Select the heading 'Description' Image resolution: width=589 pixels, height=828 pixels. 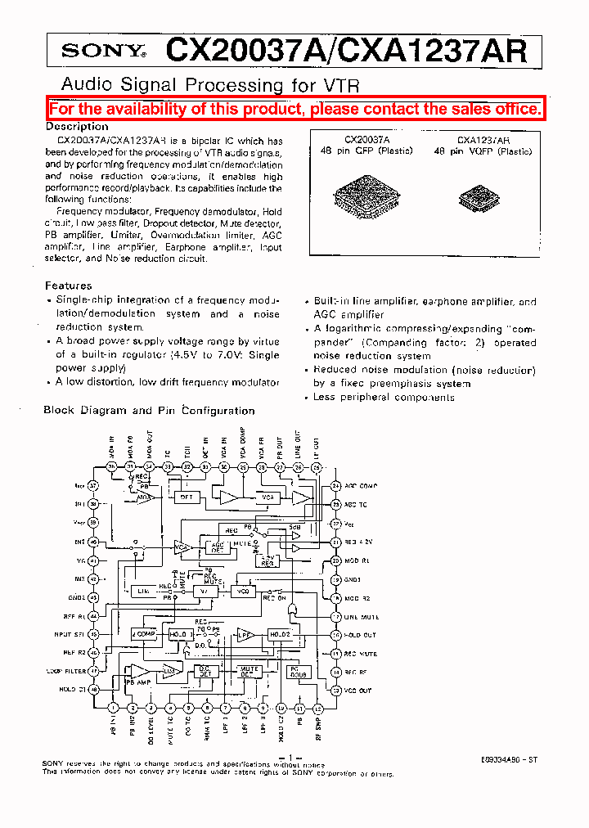click(x=76, y=127)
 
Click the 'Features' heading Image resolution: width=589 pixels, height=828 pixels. click(x=68, y=286)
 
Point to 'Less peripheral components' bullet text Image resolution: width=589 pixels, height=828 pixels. click(x=384, y=397)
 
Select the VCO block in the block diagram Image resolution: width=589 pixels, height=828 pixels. click(x=242, y=590)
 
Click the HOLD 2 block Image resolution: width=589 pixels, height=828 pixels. click(x=280, y=634)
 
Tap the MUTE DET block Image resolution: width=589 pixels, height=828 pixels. click(x=249, y=672)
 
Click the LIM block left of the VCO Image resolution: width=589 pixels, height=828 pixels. click(x=143, y=591)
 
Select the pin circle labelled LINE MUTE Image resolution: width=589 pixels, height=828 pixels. click(x=335, y=617)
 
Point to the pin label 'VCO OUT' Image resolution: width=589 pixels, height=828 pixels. click(x=357, y=690)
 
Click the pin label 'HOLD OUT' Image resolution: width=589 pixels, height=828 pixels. click(x=360, y=635)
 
